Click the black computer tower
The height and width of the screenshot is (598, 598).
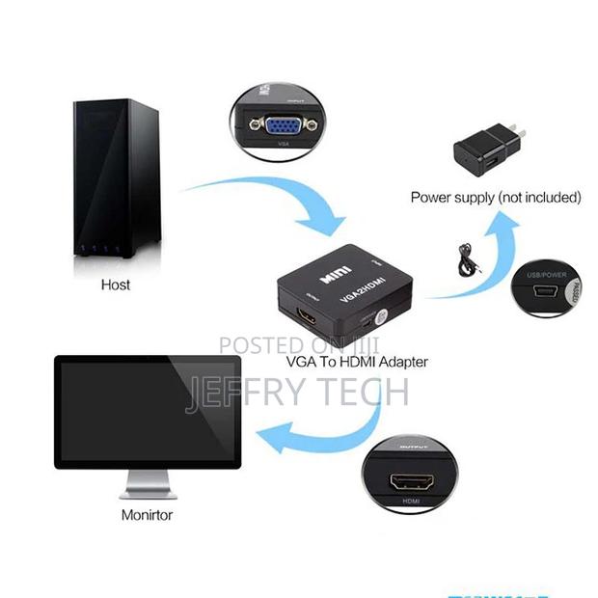116,183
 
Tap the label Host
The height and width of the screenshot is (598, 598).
116,285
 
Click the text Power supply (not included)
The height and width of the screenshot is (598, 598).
496,197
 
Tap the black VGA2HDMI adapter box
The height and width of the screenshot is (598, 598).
345,300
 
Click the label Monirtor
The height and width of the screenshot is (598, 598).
147,514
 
